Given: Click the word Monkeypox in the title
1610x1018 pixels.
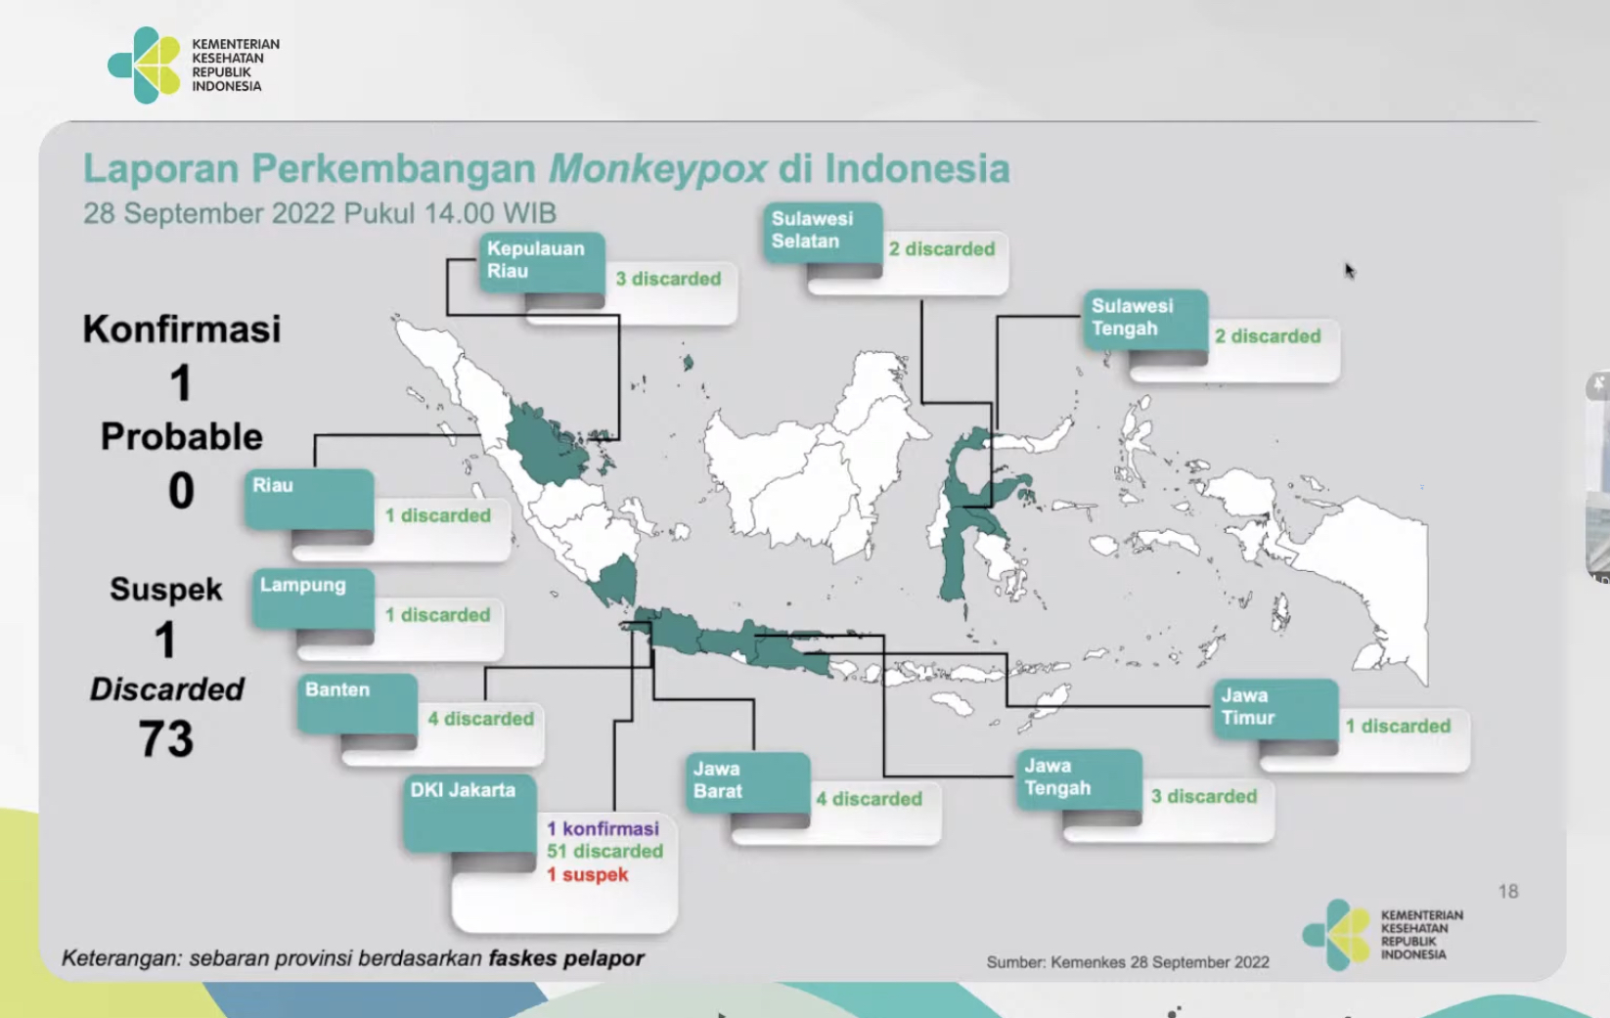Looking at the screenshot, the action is pos(657,170).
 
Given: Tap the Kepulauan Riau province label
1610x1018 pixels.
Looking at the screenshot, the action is pos(542,261).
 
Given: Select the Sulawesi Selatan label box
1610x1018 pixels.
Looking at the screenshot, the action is pos(823,232).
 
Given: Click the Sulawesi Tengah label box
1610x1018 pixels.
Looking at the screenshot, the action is pos(1145,318).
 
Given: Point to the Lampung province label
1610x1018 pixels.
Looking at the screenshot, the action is pos(313,598).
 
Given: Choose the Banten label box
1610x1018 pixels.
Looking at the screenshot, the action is pos(357,702).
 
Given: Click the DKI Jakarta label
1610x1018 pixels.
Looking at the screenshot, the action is pos(470,813).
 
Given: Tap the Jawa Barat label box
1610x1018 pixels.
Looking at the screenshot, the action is pos(747,781).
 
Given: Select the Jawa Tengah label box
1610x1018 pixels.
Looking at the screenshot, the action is pos(1079,778).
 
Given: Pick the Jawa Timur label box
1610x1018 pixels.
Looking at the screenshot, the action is pos(1275,708).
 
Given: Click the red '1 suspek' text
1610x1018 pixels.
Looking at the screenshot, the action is pos(587,874).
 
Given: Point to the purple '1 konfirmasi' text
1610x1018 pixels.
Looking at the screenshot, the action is pos(603,828).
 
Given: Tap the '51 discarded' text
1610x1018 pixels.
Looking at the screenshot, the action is pos(604,852).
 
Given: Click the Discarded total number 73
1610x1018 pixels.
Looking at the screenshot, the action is pos(166,739).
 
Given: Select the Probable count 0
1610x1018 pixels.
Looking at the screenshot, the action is pos(181,491).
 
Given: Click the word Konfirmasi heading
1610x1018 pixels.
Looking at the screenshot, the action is pos(182,329).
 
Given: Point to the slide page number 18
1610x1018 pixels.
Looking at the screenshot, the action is pos(1508,892).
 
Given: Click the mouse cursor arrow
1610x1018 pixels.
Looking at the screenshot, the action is pos(1349,270).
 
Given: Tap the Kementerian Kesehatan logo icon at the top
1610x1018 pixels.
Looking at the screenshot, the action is pos(145,66).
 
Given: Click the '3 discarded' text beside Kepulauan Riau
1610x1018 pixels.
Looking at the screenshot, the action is pos(668,279).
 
